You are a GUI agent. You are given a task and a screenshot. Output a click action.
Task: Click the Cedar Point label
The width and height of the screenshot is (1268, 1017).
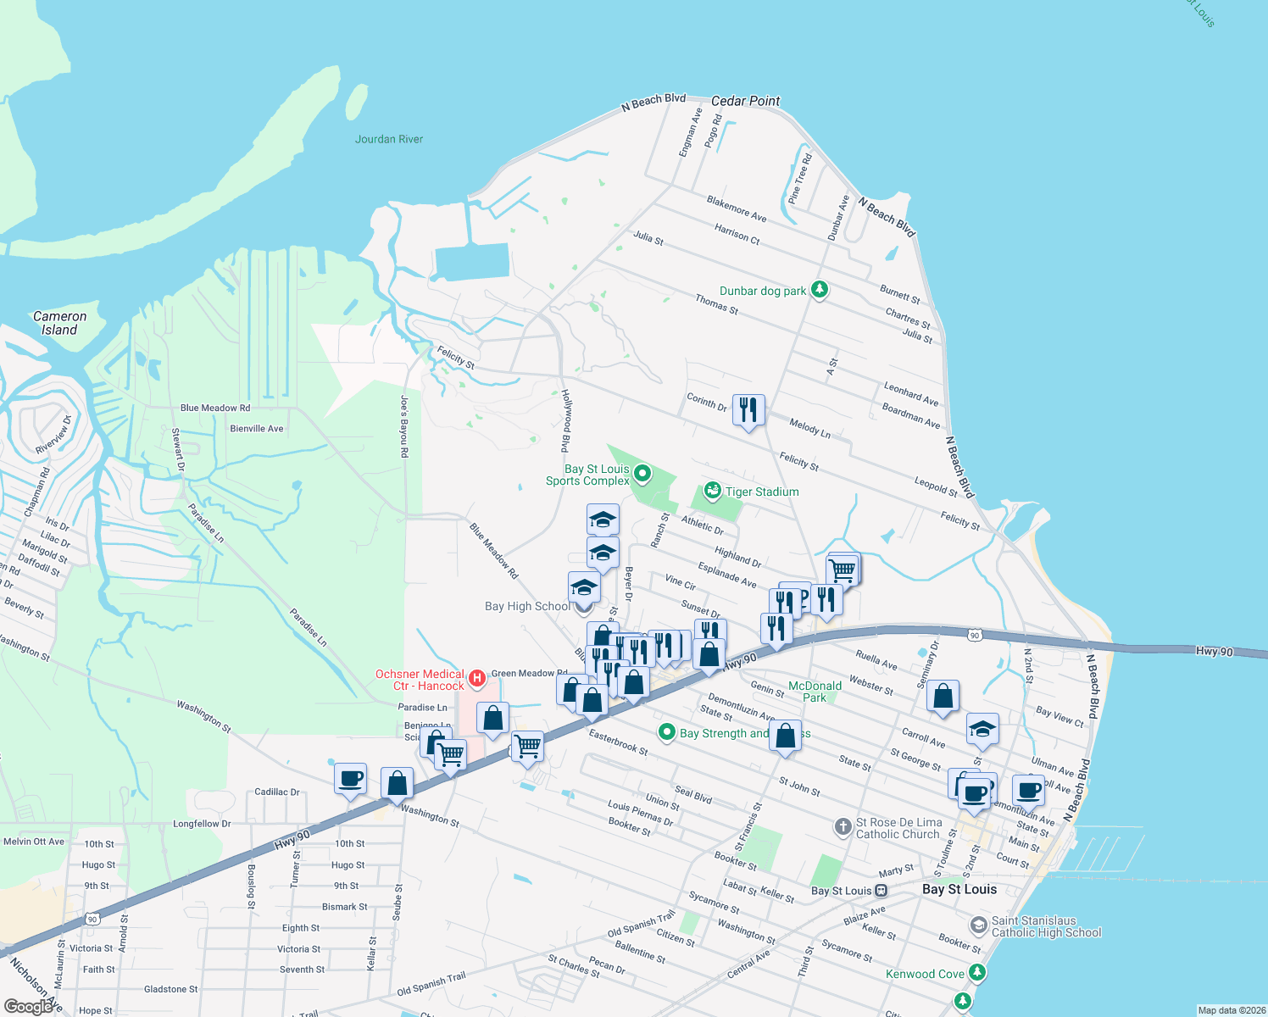pos(745,101)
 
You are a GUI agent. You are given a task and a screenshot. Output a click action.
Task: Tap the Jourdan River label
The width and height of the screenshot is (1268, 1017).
pos(389,139)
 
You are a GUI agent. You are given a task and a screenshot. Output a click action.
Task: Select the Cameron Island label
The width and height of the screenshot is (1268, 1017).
pos(59,323)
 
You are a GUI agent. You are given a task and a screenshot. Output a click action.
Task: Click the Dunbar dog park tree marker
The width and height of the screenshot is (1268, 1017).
pos(819,290)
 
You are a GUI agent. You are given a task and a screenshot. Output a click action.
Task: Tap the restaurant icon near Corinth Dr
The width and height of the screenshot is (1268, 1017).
pos(748,410)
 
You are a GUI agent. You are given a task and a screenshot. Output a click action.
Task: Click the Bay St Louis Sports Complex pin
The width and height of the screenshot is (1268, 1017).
pos(642,474)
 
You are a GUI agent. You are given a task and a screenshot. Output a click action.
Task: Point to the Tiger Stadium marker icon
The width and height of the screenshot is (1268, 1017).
pos(712,491)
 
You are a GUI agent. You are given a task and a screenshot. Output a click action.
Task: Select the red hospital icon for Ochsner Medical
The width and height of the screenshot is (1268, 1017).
pos(476,678)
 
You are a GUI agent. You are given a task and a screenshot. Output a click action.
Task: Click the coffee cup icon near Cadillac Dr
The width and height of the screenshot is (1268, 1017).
pos(350,778)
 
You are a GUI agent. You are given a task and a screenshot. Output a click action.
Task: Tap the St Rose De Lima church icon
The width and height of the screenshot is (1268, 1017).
pos(843,826)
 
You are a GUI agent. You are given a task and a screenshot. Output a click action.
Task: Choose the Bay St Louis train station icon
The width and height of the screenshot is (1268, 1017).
pos(881,891)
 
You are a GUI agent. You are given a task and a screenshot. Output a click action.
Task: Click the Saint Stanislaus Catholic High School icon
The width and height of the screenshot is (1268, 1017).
pos(979,925)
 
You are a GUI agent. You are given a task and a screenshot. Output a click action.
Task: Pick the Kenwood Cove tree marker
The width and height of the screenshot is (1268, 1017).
pos(977,972)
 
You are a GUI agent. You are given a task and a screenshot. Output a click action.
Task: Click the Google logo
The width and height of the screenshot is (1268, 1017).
pos(29,1006)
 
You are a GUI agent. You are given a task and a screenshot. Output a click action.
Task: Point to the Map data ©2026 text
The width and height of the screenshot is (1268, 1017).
pos(1232,1010)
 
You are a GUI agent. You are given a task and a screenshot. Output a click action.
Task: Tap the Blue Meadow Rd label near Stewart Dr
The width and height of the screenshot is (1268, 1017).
pos(215,408)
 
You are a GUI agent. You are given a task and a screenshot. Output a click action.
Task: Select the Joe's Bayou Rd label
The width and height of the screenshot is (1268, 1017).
pos(404,426)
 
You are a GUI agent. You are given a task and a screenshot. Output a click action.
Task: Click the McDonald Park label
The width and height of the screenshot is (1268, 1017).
pos(815,692)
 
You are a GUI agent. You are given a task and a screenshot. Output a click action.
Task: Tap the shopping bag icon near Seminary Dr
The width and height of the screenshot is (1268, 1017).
pos(943,697)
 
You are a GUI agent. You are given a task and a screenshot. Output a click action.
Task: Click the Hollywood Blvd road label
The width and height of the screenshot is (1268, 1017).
pos(566,420)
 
